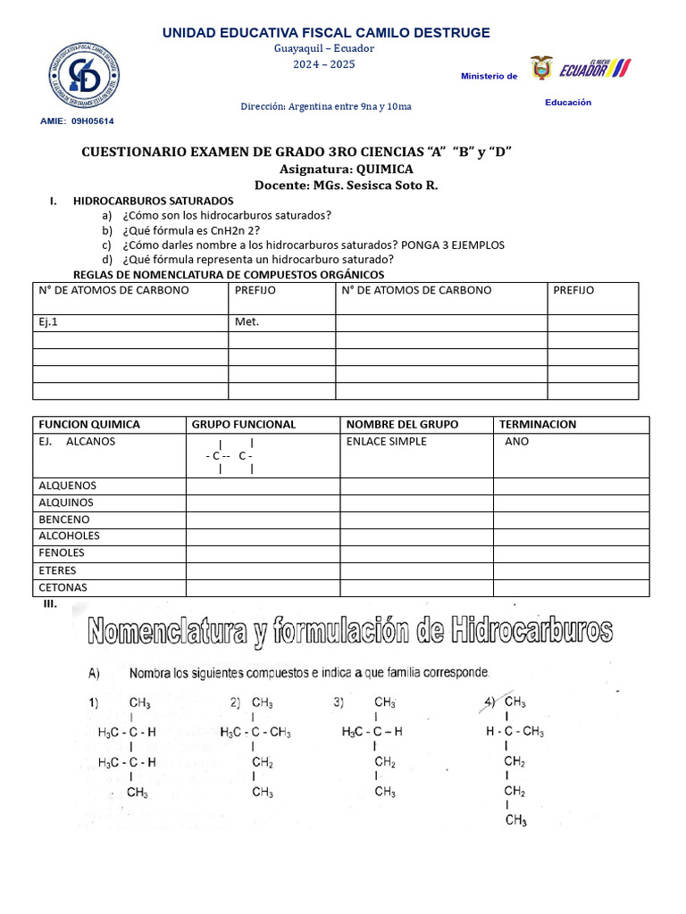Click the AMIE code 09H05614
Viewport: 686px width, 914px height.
[x=98, y=120]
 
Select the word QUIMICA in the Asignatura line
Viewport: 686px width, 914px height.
[x=384, y=169]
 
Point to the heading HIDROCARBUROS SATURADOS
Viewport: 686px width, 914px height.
[x=153, y=201]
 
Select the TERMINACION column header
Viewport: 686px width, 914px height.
[x=538, y=425]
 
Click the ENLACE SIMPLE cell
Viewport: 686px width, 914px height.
[x=386, y=442]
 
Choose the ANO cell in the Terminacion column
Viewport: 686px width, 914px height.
[x=516, y=442]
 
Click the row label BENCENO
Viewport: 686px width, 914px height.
[x=63, y=519]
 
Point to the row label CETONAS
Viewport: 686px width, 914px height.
[x=63, y=587]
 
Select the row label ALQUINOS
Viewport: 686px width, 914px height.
[x=66, y=503]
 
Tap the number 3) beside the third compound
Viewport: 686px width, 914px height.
[x=339, y=702]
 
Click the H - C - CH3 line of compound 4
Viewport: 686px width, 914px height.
[x=515, y=732]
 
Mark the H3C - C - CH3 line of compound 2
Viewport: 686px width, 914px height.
[x=255, y=733]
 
